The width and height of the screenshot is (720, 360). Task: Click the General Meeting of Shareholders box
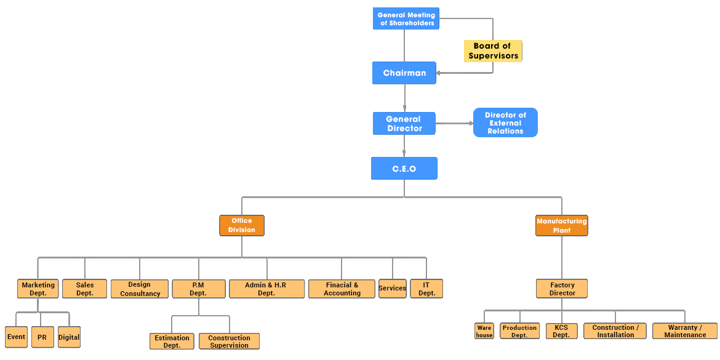point(406,19)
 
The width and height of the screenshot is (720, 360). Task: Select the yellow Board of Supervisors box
point(492,51)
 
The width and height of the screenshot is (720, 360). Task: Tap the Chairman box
point(404,73)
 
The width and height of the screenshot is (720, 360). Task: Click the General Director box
point(404,124)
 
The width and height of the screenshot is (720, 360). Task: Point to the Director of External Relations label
point(505,123)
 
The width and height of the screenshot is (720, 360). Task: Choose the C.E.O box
point(404,169)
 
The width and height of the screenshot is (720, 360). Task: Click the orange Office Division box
point(241,225)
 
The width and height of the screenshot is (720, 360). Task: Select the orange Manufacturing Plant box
point(561,225)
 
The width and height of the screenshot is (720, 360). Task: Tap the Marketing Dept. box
point(38,289)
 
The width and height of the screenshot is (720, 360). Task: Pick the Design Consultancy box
point(140,289)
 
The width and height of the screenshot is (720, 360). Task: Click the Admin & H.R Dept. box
point(266,289)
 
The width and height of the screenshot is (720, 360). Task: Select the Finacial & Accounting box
point(342,289)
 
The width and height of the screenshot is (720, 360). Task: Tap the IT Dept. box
point(426,289)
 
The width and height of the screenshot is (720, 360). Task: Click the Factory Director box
point(562,289)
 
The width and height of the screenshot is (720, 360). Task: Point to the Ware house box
point(484,332)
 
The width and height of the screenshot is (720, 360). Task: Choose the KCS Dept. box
point(561,332)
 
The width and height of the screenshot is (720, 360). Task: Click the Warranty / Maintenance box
point(684,332)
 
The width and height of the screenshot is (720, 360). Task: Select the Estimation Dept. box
point(172,342)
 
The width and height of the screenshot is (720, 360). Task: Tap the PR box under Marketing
point(42,337)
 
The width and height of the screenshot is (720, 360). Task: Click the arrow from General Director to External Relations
point(454,124)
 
